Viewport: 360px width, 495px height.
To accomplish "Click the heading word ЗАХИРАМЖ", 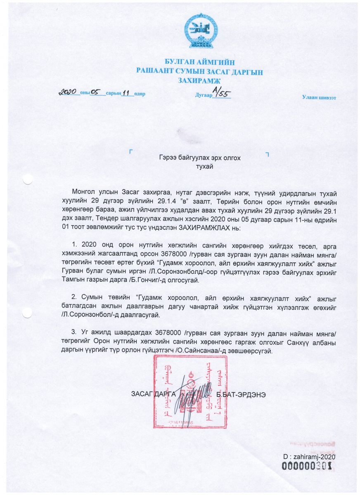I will coord(200,81).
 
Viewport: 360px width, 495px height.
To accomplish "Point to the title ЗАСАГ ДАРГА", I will coord(153,394).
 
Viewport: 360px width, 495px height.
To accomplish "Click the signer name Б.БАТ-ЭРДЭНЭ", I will coord(241,394).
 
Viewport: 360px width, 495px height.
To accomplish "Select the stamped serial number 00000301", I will coord(307,466).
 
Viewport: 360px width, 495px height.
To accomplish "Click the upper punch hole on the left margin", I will coord(28,179).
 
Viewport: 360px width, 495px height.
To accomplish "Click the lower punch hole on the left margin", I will coord(28,313).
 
